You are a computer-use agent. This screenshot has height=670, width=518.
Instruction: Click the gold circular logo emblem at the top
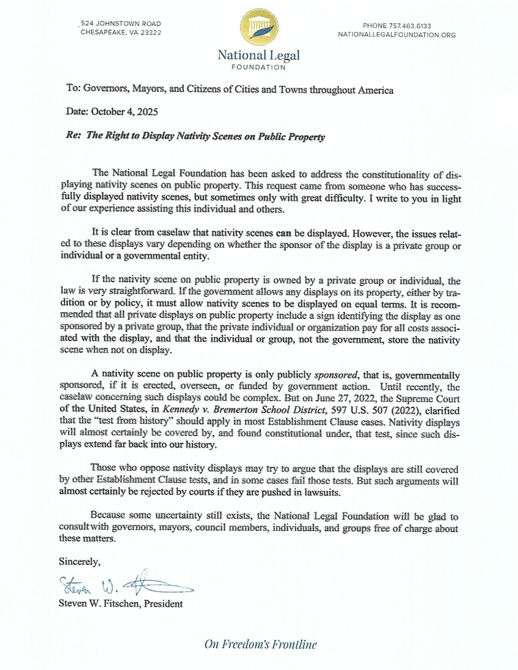(259, 27)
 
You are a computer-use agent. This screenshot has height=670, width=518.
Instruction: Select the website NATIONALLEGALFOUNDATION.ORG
(397, 35)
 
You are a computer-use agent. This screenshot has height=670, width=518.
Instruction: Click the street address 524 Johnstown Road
(122, 24)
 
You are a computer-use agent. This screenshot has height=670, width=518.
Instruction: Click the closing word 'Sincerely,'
(80, 562)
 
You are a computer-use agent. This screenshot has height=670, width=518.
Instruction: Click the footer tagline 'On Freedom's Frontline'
(260, 644)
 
